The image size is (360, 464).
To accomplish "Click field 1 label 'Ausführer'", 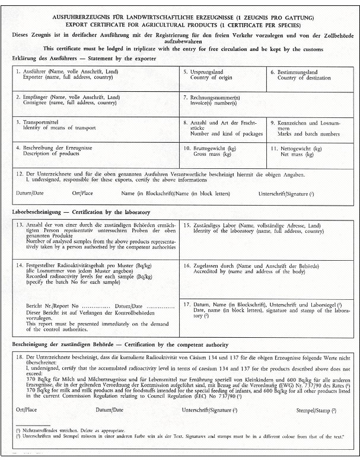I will click(x=35, y=72).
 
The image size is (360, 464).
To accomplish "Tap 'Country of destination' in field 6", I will click(x=305, y=78).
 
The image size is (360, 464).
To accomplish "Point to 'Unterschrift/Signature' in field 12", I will click(x=282, y=194).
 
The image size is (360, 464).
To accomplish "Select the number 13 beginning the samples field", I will click(x=18, y=226).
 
